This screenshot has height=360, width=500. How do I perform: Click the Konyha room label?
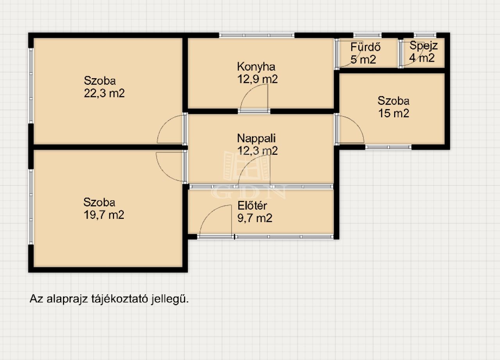(x=256, y=67)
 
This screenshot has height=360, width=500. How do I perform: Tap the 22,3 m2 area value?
(x=104, y=93)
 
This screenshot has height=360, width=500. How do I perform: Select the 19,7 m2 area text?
(x=104, y=215)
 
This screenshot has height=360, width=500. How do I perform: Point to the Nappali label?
(x=256, y=138)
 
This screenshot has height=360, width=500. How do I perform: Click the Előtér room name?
(x=252, y=206)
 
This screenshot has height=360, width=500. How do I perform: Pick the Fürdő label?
(x=365, y=47)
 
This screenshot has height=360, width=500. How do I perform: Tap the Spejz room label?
(x=423, y=46)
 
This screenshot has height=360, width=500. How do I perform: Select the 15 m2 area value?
(x=393, y=113)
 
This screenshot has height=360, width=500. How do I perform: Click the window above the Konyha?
(x=257, y=35)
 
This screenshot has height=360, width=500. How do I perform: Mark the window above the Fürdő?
(x=368, y=35)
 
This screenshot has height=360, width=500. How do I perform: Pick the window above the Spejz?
(x=425, y=35)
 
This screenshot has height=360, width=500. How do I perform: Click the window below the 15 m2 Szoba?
(x=388, y=147)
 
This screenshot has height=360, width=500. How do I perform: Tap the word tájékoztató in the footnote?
(x=120, y=299)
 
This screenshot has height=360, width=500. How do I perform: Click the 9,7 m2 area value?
(x=255, y=218)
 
